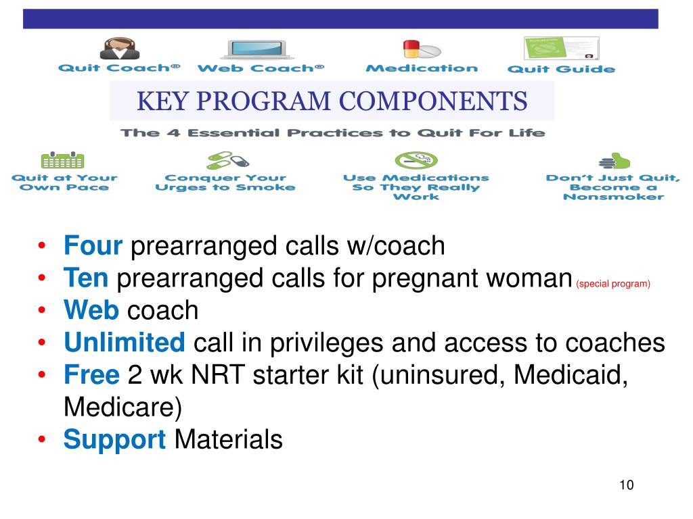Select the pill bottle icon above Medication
[421, 49]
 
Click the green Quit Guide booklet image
[561, 49]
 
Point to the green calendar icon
[62, 160]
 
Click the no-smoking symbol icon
[416, 160]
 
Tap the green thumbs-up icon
[614, 162]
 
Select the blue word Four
[93, 246]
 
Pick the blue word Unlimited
[125, 343]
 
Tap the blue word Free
[92, 376]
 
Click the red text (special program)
[613, 284]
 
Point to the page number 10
[626, 485]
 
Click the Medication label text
[421, 68]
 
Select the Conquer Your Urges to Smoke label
[225, 182]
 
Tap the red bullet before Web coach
[43, 311]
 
